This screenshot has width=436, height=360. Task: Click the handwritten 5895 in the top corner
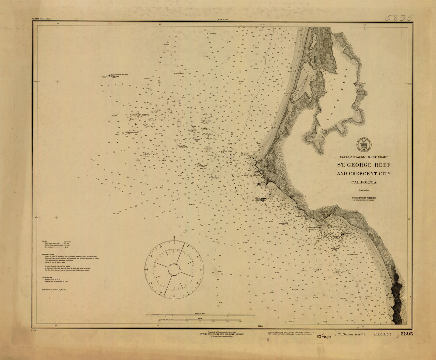tap(399, 18)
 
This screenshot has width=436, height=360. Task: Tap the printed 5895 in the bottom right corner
tap(407, 334)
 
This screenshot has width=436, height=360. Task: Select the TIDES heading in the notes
tap(45, 241)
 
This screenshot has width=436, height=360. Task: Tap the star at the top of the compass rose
tap(174, 236)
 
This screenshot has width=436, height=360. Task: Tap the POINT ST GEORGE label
tap(251, 175)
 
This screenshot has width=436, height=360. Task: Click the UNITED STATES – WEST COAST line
tap(363, 157)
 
